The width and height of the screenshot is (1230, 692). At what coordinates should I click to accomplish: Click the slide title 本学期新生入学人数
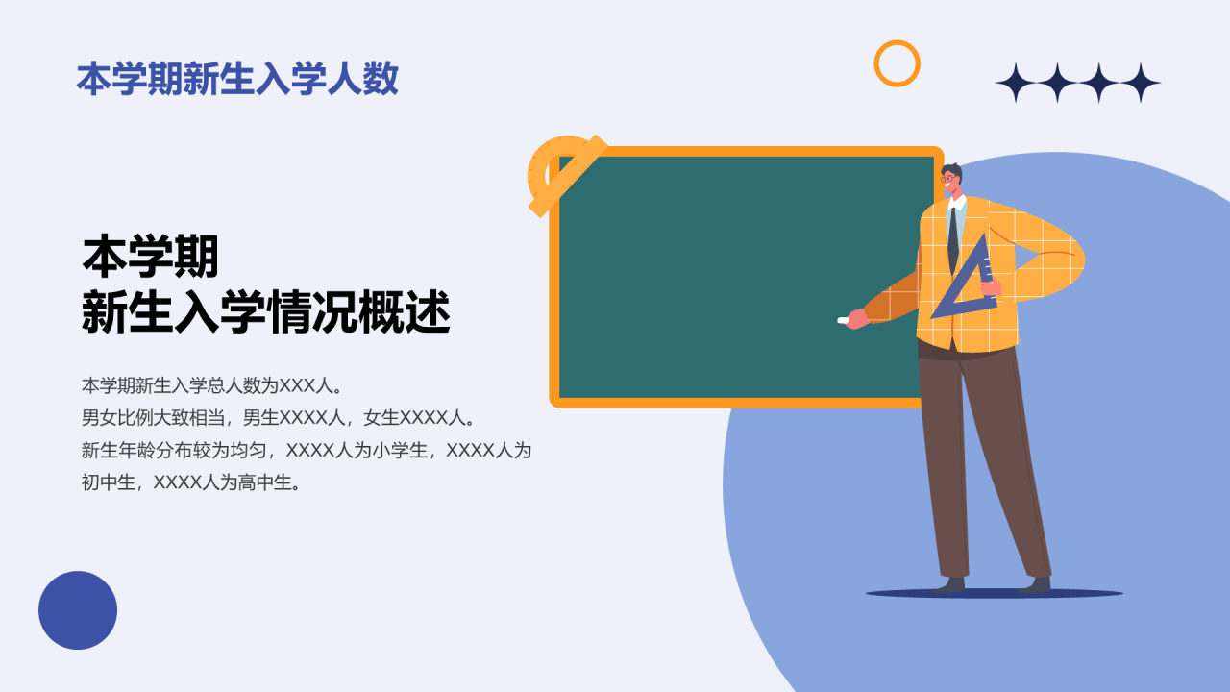pos(237,79)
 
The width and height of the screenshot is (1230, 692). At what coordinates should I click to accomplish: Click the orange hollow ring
pos(897,63)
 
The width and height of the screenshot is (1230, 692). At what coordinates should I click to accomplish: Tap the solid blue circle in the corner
pos(78,610)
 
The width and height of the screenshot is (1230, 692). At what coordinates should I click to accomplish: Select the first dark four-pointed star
pos(1015,83)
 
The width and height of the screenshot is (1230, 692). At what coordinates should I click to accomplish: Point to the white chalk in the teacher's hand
pos(844,320)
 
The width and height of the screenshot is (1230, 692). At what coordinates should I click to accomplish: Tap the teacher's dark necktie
pos(952,240)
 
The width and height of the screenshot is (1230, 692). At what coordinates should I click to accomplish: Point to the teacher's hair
pos(952,169)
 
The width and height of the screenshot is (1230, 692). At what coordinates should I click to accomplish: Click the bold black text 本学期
pos(151,258)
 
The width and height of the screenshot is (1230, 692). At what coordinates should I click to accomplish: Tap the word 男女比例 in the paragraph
pos(116,418)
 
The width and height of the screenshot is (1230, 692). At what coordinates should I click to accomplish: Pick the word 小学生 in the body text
pos(400,450)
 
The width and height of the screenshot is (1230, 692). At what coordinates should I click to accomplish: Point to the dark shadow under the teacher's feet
pos(994,594)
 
